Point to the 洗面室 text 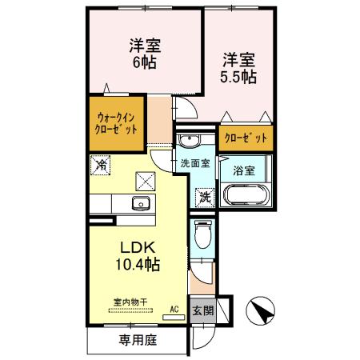[x=194, y=163]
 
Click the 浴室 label [x=242, y=170]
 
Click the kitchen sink [x=141, y=203]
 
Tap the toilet [x=203, y=235]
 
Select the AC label [x=174, y=307]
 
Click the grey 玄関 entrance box [x=202, y=309]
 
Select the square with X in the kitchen [x=146, y=180]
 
